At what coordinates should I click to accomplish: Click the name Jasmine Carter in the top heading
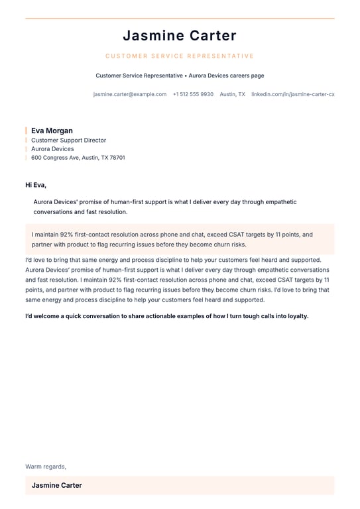click(180, 36)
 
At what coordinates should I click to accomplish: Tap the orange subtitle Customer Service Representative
click(180, 56)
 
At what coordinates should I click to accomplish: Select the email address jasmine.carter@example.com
click(130, 94)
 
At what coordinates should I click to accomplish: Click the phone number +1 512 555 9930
click(193, 94)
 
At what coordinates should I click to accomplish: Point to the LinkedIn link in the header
click(292, 94)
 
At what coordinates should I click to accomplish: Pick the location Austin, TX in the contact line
click(232, 94)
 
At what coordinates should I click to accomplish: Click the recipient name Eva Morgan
click(52, 131)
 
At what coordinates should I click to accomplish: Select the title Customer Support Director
click(68, 141)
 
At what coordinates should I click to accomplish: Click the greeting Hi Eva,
click(36, 185)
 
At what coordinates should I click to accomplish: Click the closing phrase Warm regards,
click(46, 467)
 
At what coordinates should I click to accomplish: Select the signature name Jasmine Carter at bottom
click(57, 485)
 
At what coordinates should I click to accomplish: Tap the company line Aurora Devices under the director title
click(52, 149)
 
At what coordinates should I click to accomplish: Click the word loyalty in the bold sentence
click(296, 316)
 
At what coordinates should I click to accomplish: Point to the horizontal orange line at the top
click(180, 19)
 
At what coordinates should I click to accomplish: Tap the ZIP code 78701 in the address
click(117, 158)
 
